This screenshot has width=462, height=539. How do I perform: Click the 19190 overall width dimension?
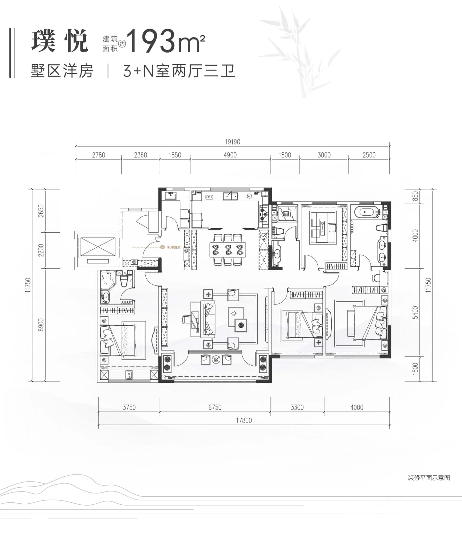233,142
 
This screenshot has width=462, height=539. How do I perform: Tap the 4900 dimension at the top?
230,155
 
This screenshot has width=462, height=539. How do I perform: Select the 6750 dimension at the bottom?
215,407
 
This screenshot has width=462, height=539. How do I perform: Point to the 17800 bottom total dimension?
244,420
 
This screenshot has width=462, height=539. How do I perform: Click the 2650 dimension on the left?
41,211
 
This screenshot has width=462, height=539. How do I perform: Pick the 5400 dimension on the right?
415,312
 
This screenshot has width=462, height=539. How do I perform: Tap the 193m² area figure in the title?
167,41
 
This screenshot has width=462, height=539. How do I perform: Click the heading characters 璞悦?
60,41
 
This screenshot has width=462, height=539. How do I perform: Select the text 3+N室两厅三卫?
179,71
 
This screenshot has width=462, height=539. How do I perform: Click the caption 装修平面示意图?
429,478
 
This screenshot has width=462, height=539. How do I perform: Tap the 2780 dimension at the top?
98,155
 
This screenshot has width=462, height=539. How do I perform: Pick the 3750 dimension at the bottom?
129,407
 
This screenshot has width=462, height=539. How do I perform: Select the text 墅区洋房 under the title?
62,71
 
